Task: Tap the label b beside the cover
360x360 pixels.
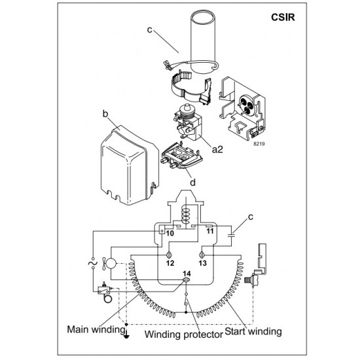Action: point(104,115)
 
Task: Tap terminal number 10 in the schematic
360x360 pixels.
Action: point(169,232)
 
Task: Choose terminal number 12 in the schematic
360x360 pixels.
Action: point(170,262)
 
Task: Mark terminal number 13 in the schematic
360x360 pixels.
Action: point(203,262)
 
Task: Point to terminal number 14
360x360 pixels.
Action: point(187,273)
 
